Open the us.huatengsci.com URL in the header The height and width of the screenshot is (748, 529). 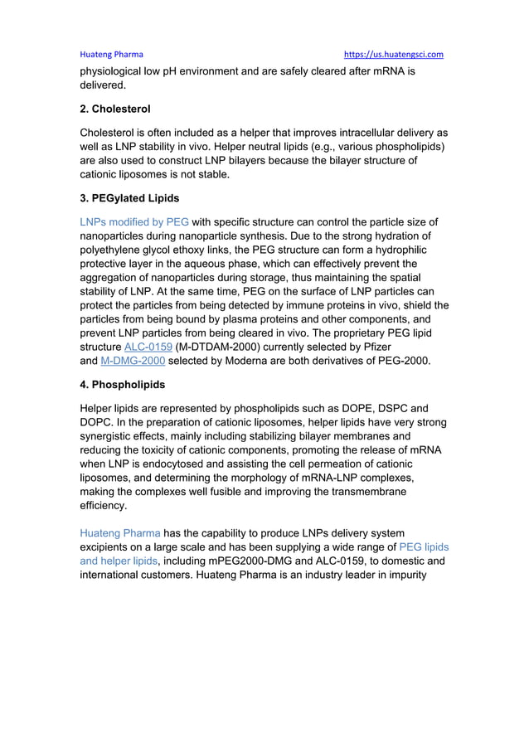[x=394, y=55]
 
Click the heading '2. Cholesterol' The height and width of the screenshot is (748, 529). [x=114, y=109]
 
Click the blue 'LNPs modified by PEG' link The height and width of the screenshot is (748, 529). [x=134, y=222]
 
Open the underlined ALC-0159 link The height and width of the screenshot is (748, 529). [x=148, y=345]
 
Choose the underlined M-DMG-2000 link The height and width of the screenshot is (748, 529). [x=132, y=361]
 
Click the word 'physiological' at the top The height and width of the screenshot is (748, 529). [x=116, y=71]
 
